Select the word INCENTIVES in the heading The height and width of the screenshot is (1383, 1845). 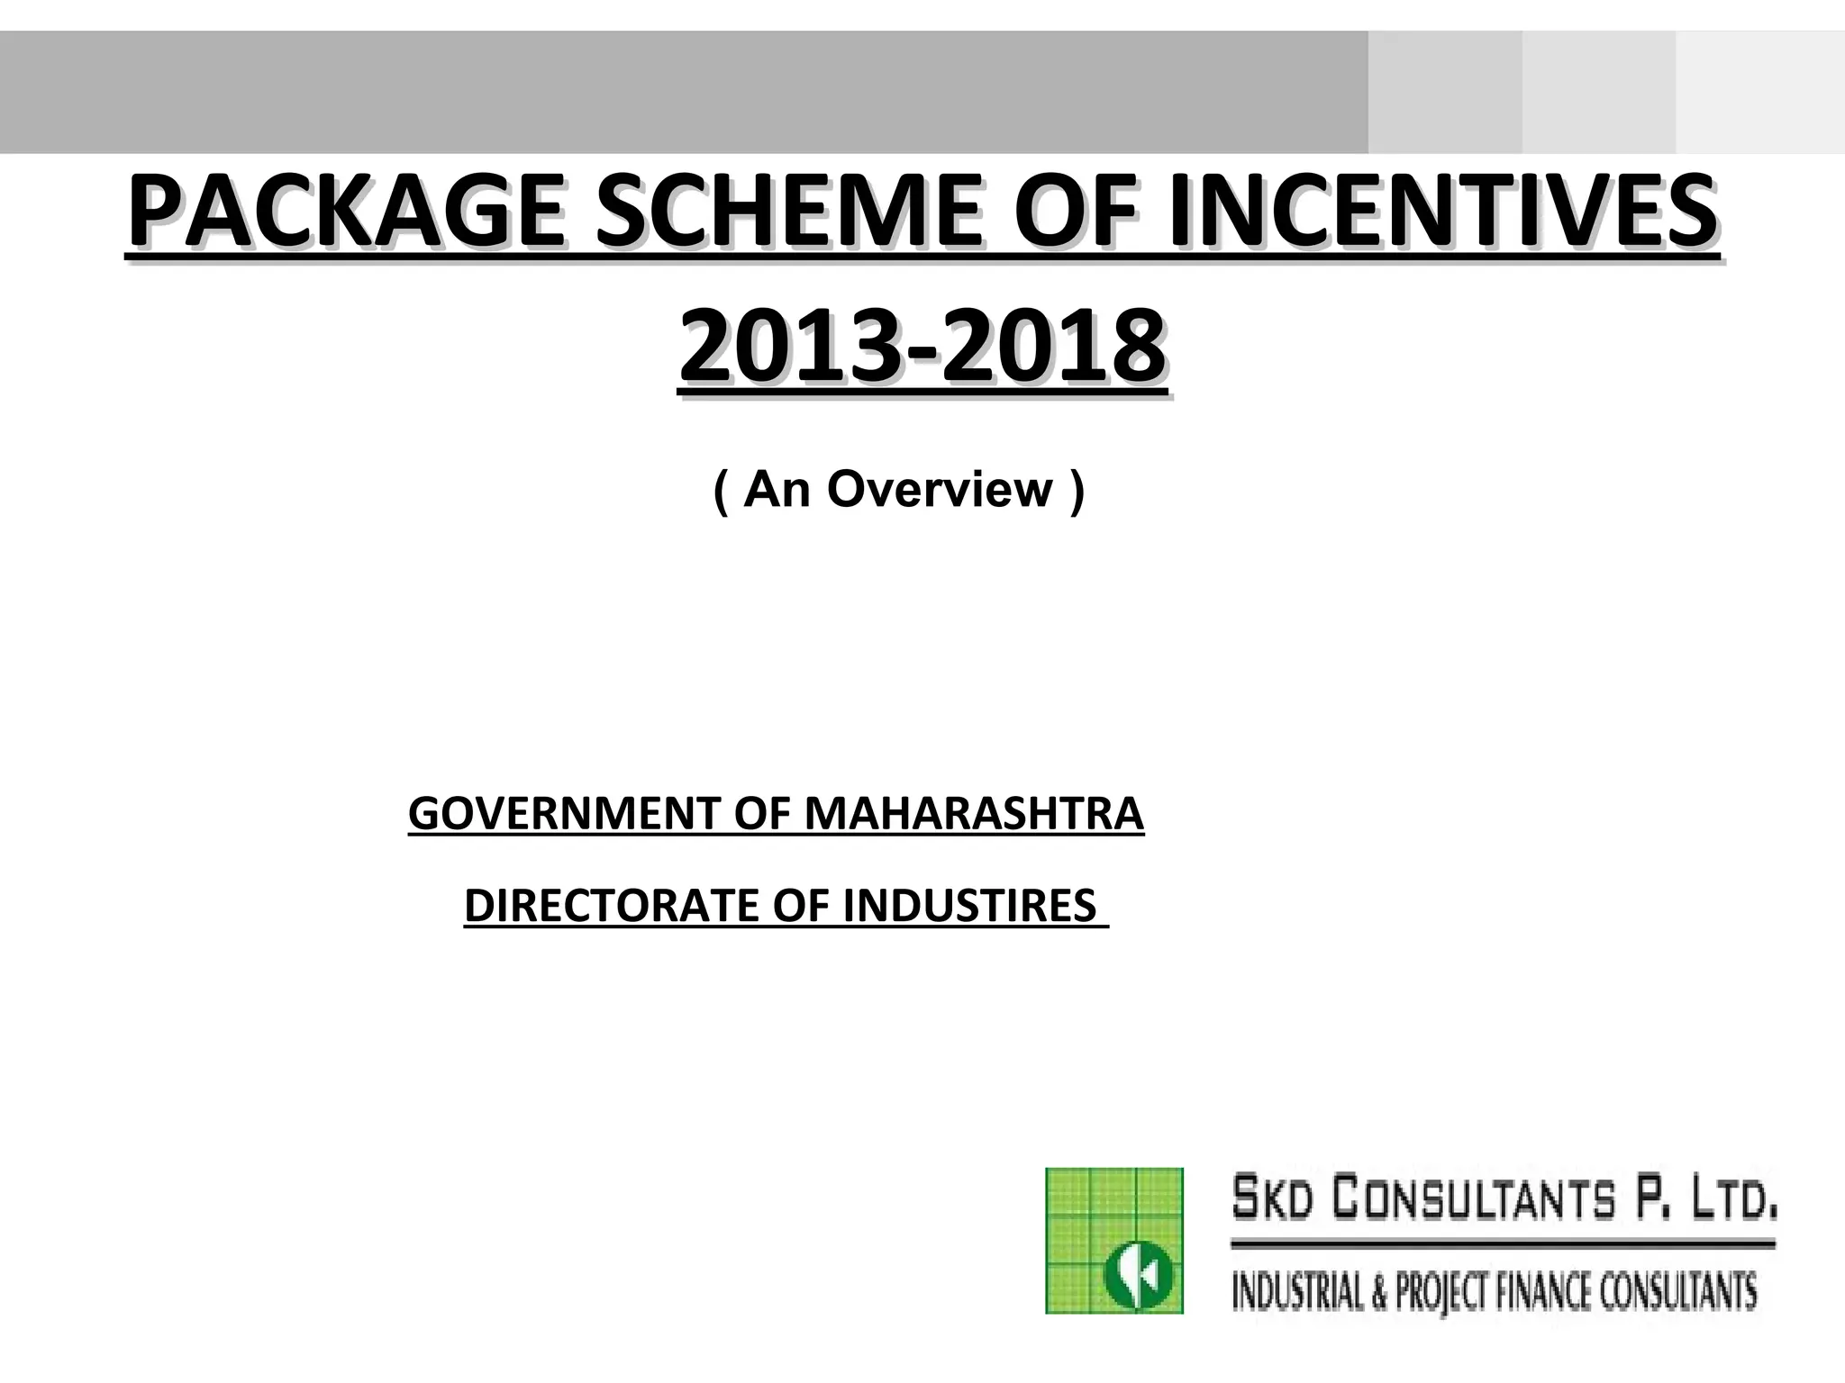(x=1441, y=213)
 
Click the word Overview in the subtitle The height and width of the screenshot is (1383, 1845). (x=940, y=490)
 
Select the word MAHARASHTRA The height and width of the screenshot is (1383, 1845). (x=974, y=814)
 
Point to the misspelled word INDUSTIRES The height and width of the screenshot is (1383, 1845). (x=968, y=906)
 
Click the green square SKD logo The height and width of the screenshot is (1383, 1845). (x=1113, y=1240)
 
